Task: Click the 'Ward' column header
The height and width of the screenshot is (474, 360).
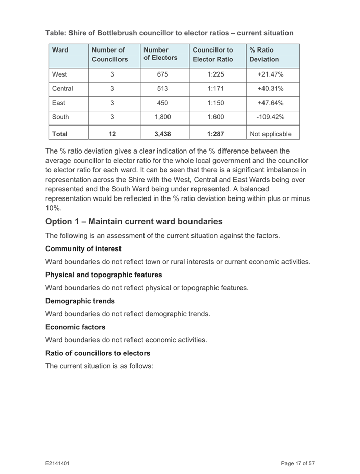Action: tap(60, 51)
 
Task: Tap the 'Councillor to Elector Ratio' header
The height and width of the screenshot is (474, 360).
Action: tap(212, 55)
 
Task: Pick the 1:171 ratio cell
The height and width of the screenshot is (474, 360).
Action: tap(212, 89)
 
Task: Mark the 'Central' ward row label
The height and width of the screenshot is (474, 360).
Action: tap(63, 89)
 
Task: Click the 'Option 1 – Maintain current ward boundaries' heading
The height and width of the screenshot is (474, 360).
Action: tap(134, 222)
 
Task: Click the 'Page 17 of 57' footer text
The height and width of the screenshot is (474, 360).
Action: tap(298, 463)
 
